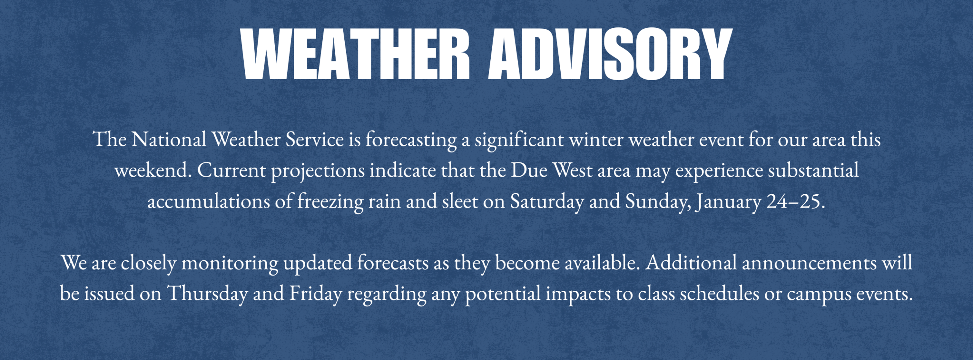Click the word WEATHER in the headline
click(x=355, y=54)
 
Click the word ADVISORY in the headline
click(x=610, y=54)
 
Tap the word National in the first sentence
click(x=169, y=140)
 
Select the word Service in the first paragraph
click(x=315, y=140)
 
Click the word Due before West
click(x=529, y=170)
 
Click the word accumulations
click(x=209, y=201)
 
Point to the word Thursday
click(x=207, y=294)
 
